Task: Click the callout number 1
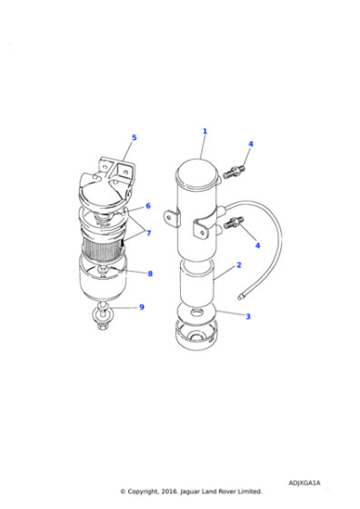pos(205,131)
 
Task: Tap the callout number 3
pos(246,315)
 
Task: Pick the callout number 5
pos(134,138)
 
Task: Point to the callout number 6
pos(147,206)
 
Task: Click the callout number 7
pos(147,234)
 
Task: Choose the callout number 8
pos(150,274)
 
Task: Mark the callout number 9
pos(141,307)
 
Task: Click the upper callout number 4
pos(250,144)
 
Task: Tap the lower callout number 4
pos(257,245)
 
